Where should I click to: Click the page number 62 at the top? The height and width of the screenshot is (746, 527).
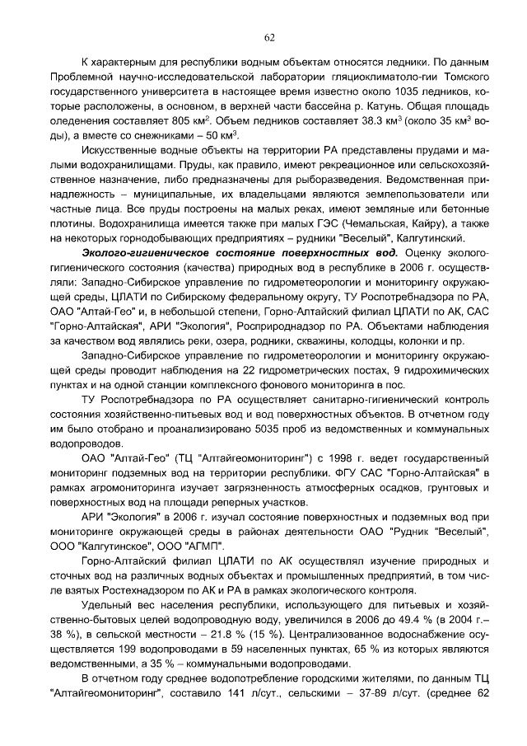point(269,37)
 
